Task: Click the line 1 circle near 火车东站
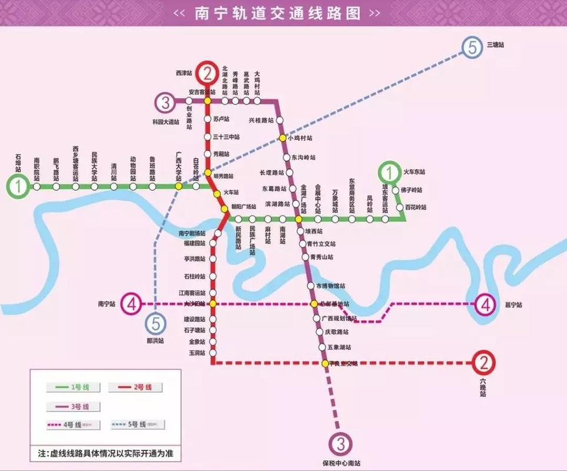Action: [389, 173]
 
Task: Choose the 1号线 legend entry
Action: [75, 387]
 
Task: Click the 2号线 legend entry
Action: [134, 387]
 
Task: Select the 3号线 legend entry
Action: [75, 406]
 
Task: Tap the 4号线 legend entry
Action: [75, 424]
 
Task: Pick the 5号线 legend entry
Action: [137, 424]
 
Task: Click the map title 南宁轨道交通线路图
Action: [277, 13]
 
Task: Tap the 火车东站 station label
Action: [413, 173]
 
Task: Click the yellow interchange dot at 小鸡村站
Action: [283, 138]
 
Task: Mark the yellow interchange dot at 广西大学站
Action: [178, 187]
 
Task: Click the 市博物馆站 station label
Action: [330, 286]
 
